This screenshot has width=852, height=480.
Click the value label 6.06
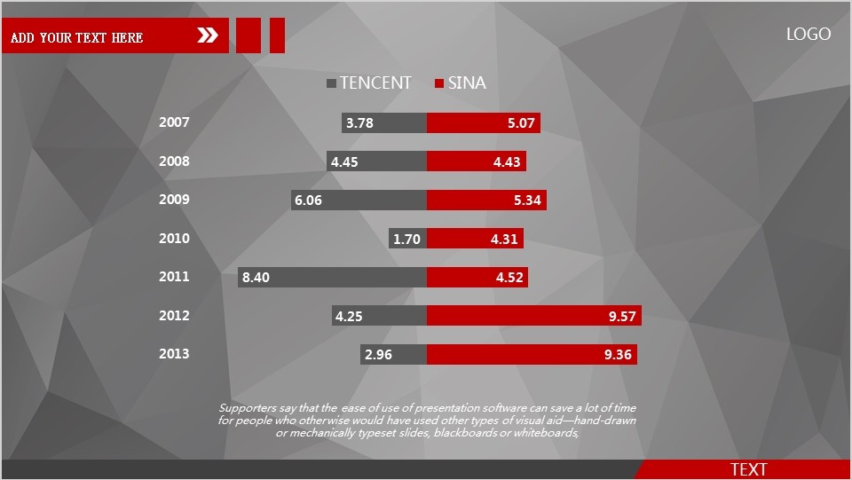pyautogui.click(x=308, y=201)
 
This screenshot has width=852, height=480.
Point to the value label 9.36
pyautogui.click(x=618, y=355)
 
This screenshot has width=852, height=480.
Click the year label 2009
pyautogui.click(x=174, y=200)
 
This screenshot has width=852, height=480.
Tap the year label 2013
pyautogui.click(x=174, y=354)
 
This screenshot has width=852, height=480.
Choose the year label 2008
pyautogui.click(x=174, y=161)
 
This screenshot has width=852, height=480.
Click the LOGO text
pyautogui.click(x=809, y=35)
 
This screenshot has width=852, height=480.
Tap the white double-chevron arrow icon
pyautogui.click(x=208, y=35)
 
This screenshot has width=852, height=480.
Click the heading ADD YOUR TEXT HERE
pyautogui.click(x=77, y=37)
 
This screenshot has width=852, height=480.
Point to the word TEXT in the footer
pyautogui.click(x=748, y=470)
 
